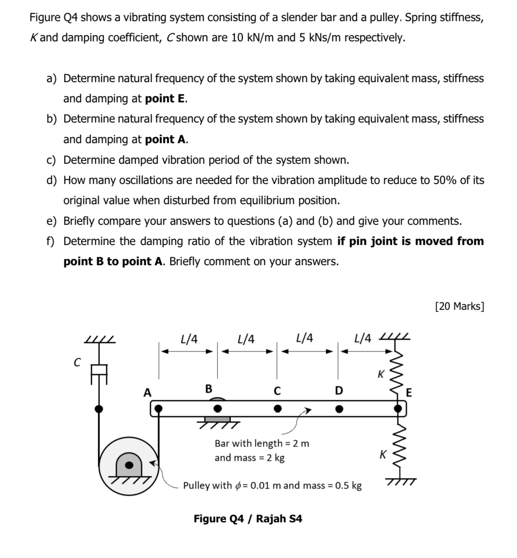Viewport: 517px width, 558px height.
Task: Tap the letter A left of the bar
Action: click(147, 393)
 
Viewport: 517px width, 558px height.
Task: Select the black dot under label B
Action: click(217, 408)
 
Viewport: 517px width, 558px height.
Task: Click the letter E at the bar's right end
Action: click(408, 393)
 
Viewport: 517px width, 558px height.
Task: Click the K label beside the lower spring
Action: click(383, 454)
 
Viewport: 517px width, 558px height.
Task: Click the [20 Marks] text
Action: click(459, 306)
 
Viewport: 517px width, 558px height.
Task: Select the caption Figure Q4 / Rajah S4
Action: click(248, 518)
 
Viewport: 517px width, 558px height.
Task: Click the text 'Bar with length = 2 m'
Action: click(262, 443)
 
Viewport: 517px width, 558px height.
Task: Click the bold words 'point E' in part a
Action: click(166, 98)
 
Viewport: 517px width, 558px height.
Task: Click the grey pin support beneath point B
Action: click(217, 419)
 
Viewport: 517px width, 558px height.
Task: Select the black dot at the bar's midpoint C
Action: click(277, 408)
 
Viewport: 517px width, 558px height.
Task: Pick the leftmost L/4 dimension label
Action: click(188, 339)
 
